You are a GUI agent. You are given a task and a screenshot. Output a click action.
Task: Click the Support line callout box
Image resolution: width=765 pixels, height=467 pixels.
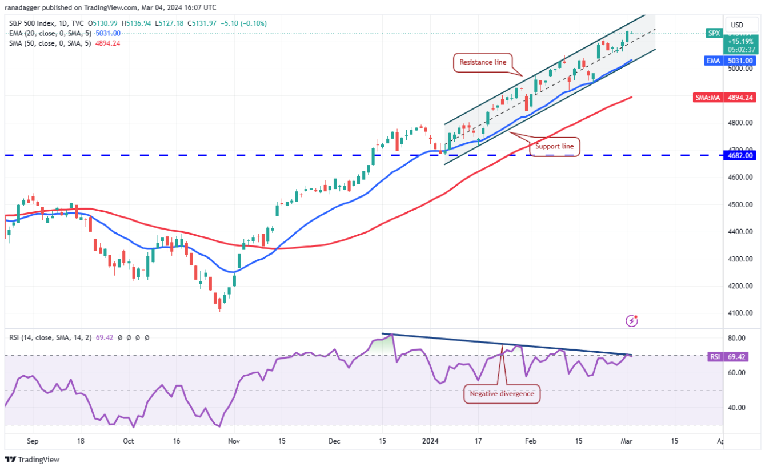tap(553, 147)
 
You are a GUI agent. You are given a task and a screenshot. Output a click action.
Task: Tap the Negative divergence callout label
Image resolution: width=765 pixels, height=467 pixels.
tap(502, 394)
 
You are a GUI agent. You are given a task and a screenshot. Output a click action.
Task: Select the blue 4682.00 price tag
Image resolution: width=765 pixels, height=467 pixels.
tap(741, 155)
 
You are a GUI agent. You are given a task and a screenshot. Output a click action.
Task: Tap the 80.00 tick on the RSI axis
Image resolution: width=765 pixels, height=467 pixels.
tap(735, 338)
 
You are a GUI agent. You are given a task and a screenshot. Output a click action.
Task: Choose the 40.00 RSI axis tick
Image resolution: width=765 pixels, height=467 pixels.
tap(735, 408)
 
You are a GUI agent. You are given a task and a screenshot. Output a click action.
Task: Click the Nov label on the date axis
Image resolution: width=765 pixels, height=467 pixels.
tap(233, 441)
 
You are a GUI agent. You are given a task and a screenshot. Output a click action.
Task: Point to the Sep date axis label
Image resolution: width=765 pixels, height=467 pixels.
tap(33, 441)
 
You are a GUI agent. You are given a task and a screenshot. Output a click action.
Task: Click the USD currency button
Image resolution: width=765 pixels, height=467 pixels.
tap(737, 25)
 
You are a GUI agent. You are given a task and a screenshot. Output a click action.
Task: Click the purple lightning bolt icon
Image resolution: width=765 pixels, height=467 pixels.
tap(632, 321)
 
